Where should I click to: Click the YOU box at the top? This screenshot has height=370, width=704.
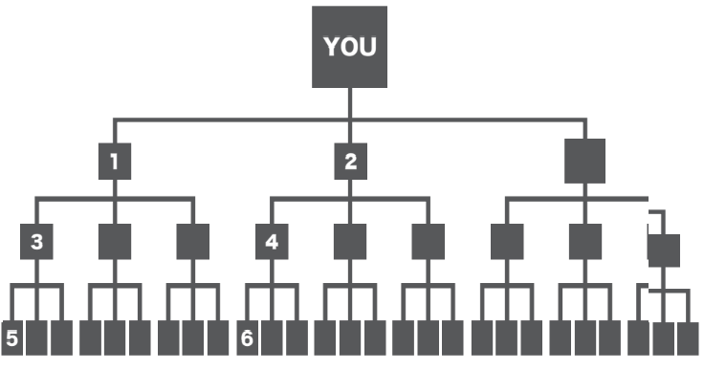click(349, 47)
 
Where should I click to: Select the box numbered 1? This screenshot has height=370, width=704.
click(115, 162)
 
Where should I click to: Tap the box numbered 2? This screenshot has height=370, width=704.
click(350, 162)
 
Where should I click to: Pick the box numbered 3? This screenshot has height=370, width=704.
click(36, 242)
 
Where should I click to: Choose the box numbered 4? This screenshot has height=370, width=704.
click(272, 242)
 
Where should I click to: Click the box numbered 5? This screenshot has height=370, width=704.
click(11, 337)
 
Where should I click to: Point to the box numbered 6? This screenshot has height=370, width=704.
click(247, 337)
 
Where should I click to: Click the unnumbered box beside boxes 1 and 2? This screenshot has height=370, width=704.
click(584, 161)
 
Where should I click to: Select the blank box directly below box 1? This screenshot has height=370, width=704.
click(115, 242)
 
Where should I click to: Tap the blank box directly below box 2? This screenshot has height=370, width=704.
click(350, 242)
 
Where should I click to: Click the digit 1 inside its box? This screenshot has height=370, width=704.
click(114, 162)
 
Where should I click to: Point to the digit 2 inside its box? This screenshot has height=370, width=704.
click(350, 162)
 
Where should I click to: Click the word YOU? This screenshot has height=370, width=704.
click(350, 47)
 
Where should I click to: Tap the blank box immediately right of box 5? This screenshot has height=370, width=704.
click(36, 337)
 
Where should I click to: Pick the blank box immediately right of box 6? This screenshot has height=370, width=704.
click(272, 337)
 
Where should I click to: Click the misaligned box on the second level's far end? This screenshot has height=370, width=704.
click(664, 250)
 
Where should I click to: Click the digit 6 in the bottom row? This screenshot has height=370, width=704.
click(247, 338)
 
